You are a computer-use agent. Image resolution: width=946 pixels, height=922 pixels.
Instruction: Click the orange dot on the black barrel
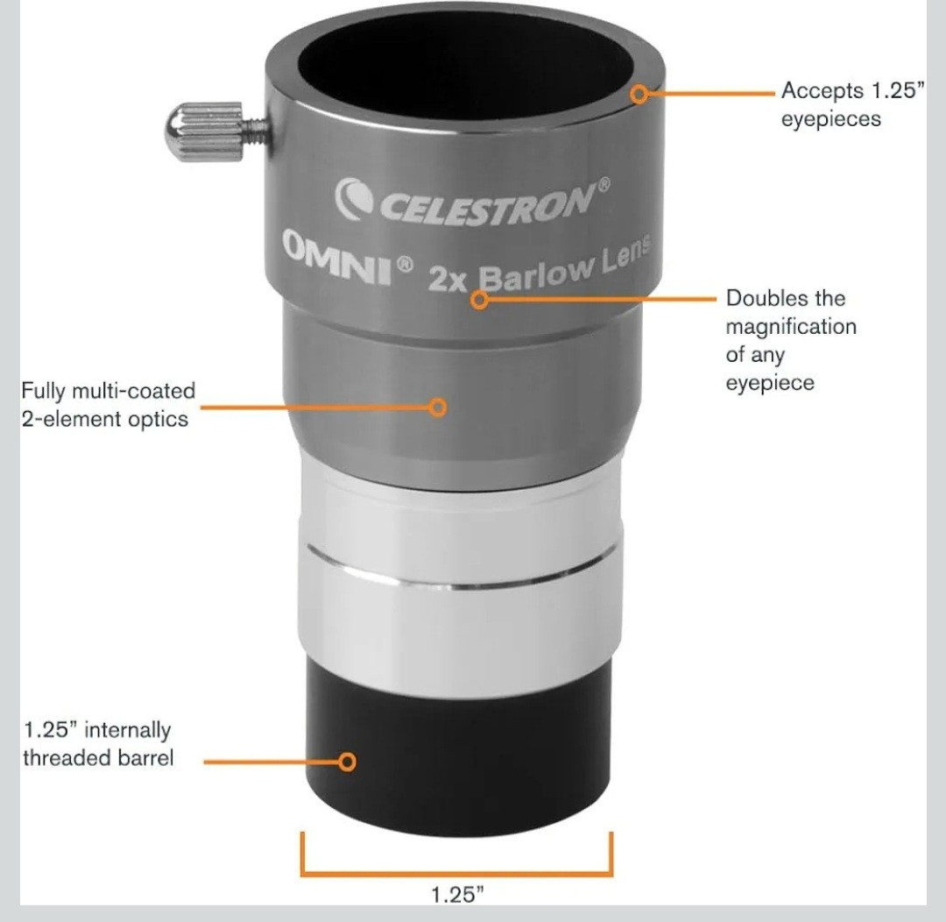(x=348, y=762)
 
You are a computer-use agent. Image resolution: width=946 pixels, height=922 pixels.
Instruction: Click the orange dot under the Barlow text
(x=478, y=300)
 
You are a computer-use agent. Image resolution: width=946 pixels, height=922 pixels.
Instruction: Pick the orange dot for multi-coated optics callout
(x=439, y=407)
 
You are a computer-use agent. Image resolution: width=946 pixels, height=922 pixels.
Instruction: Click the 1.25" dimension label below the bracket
(x=457, y=895)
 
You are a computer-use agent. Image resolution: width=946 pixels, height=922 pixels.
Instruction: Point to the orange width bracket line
(x=456, y=873)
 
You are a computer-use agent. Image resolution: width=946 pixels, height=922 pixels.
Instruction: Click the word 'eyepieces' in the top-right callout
(x=830, y=119)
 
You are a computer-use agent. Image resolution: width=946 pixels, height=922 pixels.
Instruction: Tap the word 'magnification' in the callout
(x=790, y=327)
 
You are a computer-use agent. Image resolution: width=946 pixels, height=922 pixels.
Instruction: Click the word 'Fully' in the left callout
(x=43, y=390)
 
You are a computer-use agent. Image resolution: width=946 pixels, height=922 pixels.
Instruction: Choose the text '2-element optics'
(x=104, y=418)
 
